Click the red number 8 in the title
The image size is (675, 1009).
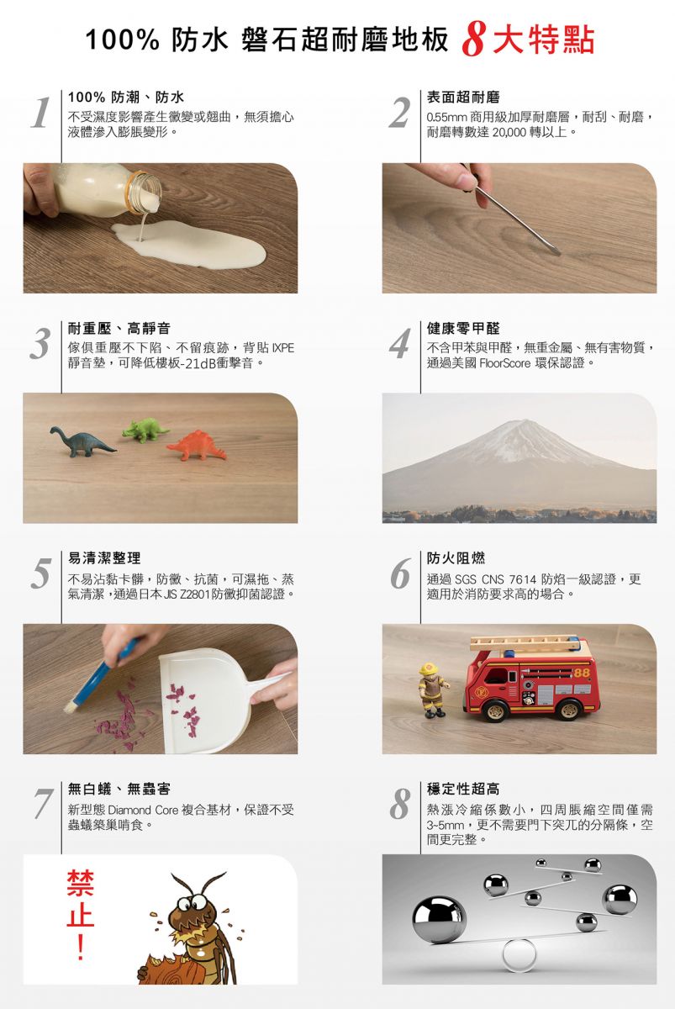tap(473, 41)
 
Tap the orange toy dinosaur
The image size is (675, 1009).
tap(197, 446)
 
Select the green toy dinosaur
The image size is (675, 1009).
tap(145, 431)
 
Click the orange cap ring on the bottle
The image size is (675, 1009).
tap(136, 193)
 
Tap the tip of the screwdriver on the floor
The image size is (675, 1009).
tap(559, 253)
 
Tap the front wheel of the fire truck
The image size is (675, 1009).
tap(495, 710)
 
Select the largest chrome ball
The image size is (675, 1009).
tap(439, 919)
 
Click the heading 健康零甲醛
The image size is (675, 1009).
tap(463, 329)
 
